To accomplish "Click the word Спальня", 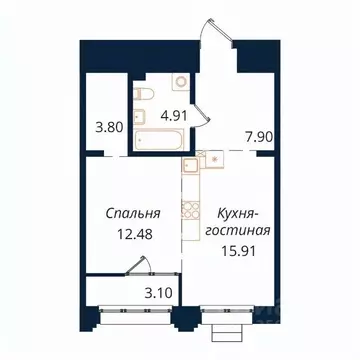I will click(129, 212).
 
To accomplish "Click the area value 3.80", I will click(103, 127).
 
